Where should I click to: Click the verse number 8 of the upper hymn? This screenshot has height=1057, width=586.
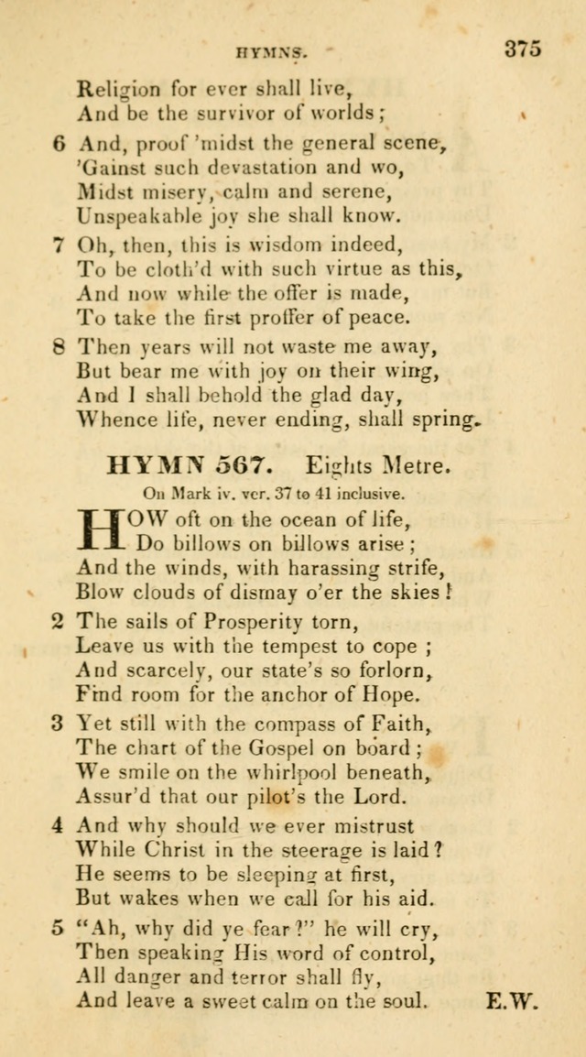pos(60,347)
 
